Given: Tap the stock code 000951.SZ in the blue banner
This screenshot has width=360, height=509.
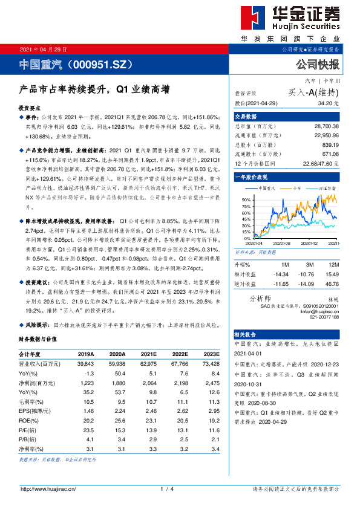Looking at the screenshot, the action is click(100, 63).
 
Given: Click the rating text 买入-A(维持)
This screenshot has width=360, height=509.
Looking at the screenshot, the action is click(313, 92).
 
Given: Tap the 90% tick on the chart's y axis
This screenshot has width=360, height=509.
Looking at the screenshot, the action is click(246, 199).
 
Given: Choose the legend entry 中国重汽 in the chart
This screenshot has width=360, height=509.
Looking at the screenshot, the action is click(267, 188).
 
